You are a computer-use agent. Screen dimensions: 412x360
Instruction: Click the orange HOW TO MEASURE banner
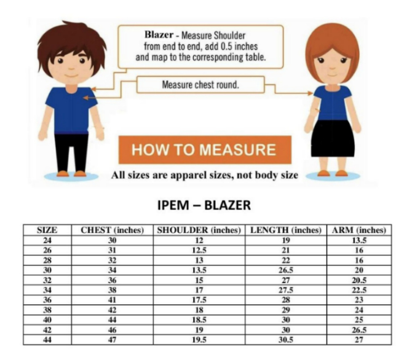(205, 150)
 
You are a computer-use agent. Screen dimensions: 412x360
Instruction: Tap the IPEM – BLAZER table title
(204, 205)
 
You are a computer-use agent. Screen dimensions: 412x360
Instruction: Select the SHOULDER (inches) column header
(199, 230)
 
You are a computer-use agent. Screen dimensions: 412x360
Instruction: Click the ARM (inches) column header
(359, 230)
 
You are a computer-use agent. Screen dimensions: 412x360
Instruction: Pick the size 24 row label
(47, 240)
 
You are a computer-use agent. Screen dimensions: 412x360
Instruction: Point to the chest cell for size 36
(112, 300)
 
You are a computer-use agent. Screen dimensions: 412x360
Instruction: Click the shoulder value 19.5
(199, 340)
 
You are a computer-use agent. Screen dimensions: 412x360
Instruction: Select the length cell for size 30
(286, 270)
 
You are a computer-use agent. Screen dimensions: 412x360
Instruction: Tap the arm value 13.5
(359, 240)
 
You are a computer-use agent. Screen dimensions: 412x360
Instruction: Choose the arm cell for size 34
(359, 290)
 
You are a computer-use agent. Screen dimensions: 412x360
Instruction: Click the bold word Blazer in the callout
(159, 34)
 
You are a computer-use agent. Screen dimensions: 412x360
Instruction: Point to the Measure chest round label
(200, 85)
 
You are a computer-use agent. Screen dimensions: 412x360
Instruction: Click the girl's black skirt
(333, 138)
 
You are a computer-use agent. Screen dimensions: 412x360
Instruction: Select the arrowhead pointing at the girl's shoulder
(311, 93)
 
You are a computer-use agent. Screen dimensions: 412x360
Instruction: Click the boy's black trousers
(71, 152)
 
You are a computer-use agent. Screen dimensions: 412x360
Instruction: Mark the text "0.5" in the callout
(226, 46)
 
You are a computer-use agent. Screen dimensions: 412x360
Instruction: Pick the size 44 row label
(47, 340)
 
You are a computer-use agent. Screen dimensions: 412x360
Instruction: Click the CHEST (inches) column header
(112, 230)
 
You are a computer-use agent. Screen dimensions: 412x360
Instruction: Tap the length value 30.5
(286, 340)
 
